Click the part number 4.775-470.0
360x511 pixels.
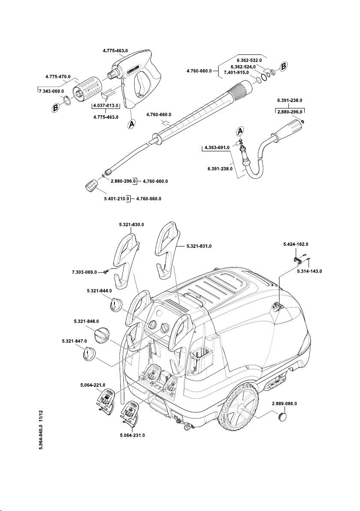tap(58, 77)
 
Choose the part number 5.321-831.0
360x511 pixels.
tap(199, 246)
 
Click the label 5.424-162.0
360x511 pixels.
tap(296, 244)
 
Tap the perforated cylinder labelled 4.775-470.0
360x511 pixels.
tap(88, 88)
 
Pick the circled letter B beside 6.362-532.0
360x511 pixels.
tap(283, 66)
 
